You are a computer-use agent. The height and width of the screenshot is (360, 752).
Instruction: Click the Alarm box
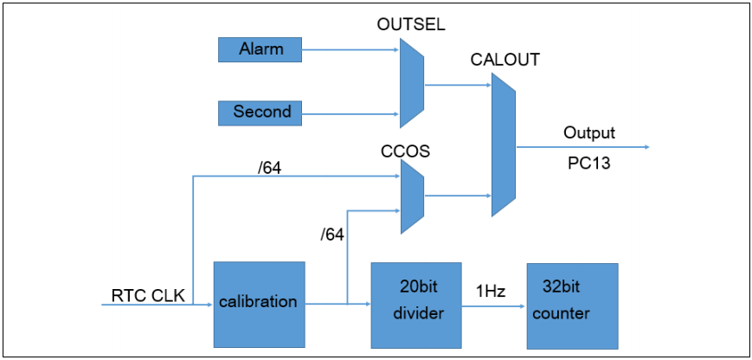tap(260, 49)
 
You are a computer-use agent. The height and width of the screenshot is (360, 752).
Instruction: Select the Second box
tap(260, 112)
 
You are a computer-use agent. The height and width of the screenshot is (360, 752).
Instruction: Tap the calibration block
tap(260, 302)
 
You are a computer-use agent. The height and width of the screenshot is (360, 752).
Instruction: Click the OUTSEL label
tap(410, 25)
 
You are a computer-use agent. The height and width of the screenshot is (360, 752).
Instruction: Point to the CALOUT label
tap(505, 60)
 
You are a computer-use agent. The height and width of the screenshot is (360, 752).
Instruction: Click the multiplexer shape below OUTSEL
tap(411, 85)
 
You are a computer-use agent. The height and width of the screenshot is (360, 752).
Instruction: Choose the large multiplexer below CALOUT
tap(503, 145)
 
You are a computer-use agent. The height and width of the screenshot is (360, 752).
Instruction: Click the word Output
tap(589, 133)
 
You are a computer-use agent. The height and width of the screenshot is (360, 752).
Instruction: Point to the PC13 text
tap(588, 162)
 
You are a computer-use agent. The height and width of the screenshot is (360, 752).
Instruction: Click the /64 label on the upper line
tap(270, 166)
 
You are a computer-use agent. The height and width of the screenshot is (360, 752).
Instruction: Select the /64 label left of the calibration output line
tap(332, 235)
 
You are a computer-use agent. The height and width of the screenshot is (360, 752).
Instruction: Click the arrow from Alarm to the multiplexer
tap(350, 50)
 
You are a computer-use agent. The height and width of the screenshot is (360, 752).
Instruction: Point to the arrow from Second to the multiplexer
tap(350, 112)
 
